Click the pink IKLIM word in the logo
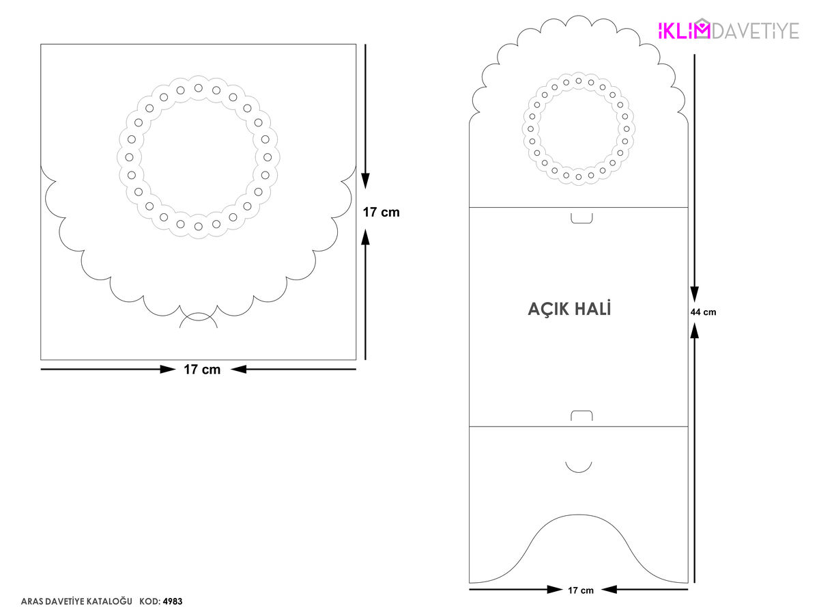tap(684, 29)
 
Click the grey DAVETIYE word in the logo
tap(756, 30)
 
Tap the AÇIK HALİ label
tap(569, 308)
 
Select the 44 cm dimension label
tap(703, 312)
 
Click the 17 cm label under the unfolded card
tap(581, 590)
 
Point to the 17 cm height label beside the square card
tap(381, 212)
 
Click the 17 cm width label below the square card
tap(202, 369)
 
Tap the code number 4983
tap(173, 601)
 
